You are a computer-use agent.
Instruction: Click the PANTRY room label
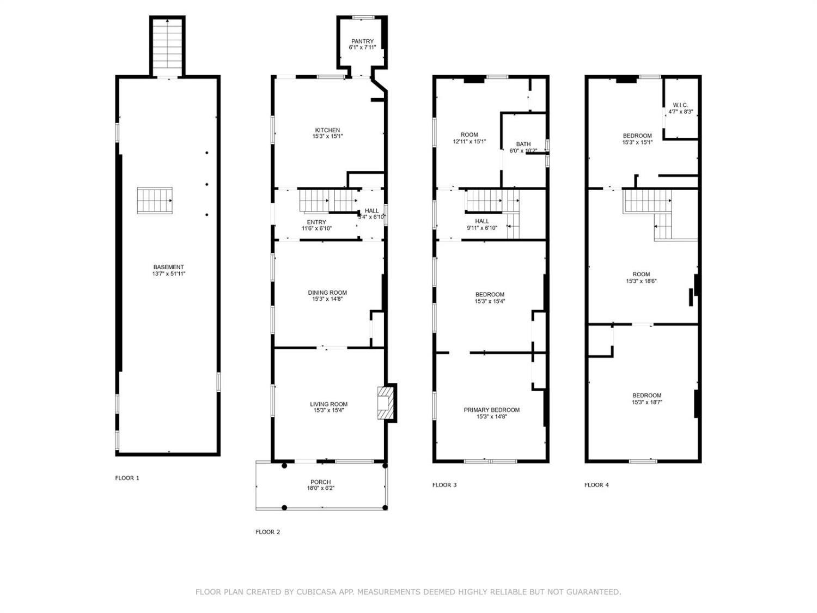[362, 41]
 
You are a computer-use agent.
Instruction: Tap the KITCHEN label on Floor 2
[327, 130]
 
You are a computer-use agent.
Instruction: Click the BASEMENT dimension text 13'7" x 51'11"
[169, 274]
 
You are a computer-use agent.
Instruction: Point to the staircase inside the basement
[155, 200]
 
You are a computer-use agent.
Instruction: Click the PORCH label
[320, 482]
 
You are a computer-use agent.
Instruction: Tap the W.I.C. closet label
[680, 105]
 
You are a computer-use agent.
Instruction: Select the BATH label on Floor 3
[523, 144]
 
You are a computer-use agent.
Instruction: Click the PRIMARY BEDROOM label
[492, 410]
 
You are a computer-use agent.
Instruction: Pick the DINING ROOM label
[327, 293]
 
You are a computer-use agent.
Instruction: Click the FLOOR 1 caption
[127, 478]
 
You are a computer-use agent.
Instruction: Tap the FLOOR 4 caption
[596, 484]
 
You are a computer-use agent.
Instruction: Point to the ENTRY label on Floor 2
[316, 222]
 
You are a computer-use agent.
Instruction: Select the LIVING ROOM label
[328, 404]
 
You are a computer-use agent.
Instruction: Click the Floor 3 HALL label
[481, 221]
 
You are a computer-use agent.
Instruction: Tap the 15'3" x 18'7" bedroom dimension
[647, 402]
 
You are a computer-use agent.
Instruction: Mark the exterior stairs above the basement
[167, 47]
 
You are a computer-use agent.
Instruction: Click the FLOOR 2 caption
[267, 532]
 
